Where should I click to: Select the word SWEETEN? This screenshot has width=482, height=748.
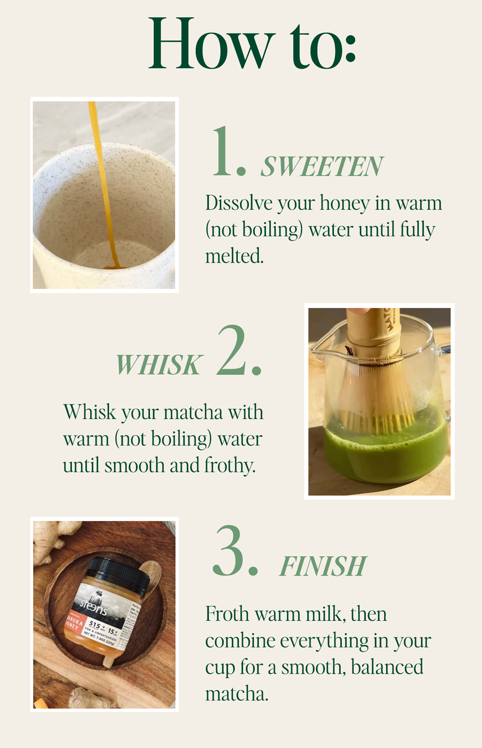[x=322, y=166]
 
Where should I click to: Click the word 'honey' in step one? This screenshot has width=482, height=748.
[x=345, y=203]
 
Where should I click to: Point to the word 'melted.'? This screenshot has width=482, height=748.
[x=234, y=256]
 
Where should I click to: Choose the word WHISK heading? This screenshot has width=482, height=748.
[x=158, y=365]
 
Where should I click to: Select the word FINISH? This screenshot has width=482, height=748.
[x=323, y=567]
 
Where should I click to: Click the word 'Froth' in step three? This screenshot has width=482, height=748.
[x=227, y=614]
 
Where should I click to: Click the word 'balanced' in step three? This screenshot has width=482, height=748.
[x=387, y=667]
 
